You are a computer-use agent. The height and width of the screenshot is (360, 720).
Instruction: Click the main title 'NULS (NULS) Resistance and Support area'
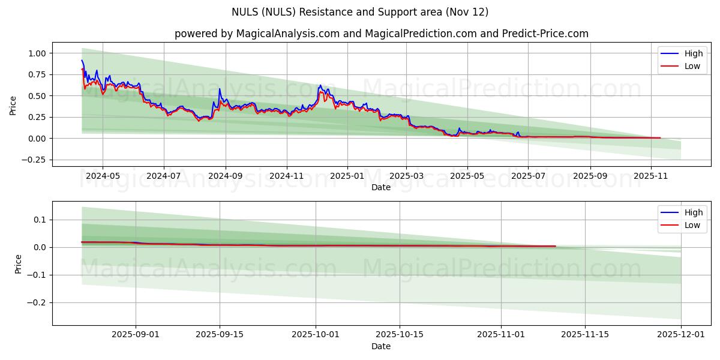tap(360, 12)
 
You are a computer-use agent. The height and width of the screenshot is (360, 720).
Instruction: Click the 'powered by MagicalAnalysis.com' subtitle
tap(381, 34)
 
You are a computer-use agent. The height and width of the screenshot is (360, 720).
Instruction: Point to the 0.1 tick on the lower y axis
tap(40, 220)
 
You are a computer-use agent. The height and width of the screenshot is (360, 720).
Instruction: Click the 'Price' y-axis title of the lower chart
tap(19, 264)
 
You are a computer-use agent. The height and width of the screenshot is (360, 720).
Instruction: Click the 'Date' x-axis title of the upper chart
tap(381, 187)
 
